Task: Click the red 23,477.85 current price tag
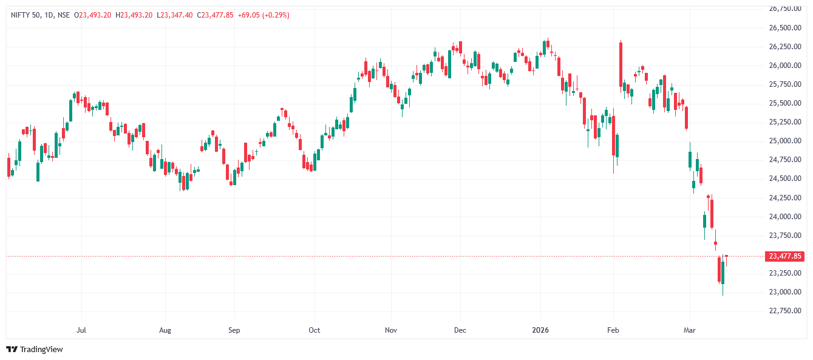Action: (785, 256)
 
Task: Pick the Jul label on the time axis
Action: (81, 330)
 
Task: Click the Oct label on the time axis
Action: (314, 330)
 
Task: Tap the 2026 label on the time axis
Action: (540, 330)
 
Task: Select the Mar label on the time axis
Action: (689, 330)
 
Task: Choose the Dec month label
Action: (460, 330)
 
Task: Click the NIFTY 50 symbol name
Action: (25, 15)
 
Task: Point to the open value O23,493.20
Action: (92, 15)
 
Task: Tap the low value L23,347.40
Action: (175, 15)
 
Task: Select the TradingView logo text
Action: (41, 349)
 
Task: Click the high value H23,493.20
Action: (134, 15)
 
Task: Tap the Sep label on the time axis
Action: (234, 330)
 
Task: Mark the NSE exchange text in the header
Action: (63, 15)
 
